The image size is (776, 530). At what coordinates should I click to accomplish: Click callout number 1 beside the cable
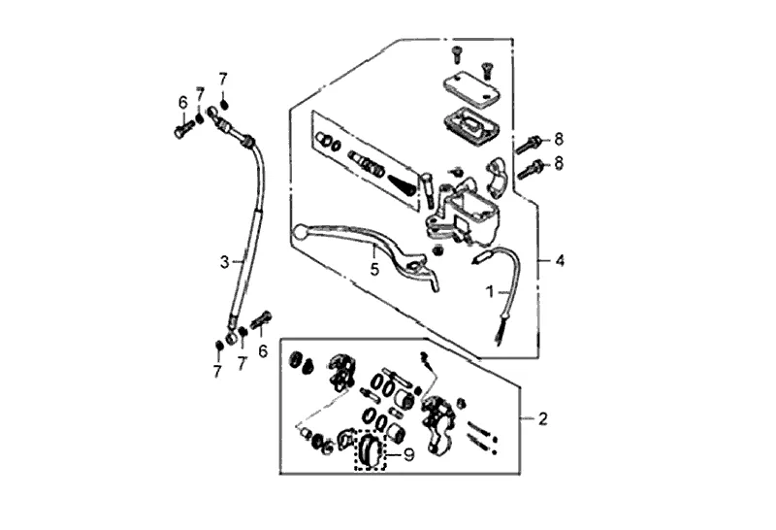[x=491, y=291]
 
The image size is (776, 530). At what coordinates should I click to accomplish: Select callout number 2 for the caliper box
[x=543, y=419]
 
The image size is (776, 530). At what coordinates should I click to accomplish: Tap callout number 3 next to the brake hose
[x=224, y=261]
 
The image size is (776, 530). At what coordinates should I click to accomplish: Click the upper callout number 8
[x=559, y=138]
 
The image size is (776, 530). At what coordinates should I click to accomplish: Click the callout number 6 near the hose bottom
[x=262, y=351]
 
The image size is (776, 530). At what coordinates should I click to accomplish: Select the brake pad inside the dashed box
[x=371, y=450]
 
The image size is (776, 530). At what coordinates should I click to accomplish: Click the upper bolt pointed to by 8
[x=528, y=143]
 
